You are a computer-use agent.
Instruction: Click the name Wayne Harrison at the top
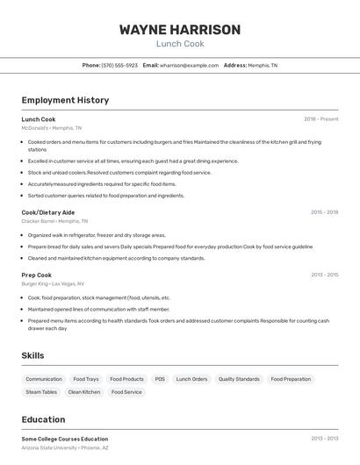tap(180, 30)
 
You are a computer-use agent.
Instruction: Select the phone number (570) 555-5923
tap(119, 66)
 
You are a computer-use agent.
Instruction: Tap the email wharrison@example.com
tap(189, 66)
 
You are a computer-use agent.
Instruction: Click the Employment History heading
tap(65, 100)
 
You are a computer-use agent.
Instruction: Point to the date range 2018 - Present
tap(321, 119)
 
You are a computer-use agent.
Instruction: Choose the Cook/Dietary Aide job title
tap(48, 212)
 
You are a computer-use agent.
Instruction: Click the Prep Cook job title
tap(37, 275)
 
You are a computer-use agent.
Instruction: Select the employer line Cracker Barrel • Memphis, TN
tap(55, 221)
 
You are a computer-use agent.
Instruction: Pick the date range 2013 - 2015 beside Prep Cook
tap(324, 275)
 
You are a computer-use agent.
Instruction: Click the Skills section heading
tap(33, 355)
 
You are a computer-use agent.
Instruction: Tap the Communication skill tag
tap(44, 379)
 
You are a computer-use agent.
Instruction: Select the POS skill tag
tap(160, 379)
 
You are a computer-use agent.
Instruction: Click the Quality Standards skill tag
tap(239, 379)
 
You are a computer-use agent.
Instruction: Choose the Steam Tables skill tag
tap(41, 392)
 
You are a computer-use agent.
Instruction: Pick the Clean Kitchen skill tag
tap(84, 392)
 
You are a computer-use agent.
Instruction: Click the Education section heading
tap(44, 419)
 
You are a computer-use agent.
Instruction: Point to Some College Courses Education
tap(65, 439)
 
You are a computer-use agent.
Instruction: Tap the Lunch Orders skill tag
tap(191, 379)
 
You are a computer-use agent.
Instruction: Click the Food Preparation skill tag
tap(291, 379)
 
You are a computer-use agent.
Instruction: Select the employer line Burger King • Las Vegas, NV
tap(53, 284)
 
